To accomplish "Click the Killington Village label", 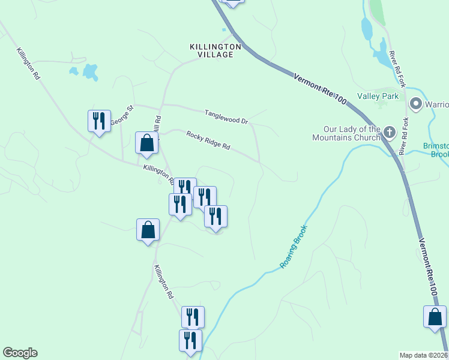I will point(215,50).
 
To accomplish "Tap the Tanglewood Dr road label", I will point(226,116).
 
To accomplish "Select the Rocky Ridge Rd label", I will point(208,140).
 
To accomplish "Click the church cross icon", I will point(390,132).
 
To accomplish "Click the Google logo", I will point(20,353).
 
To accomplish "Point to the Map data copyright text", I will point(423,355).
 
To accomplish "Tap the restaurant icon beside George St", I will point(99,121).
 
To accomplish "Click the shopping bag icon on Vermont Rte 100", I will point(435,317).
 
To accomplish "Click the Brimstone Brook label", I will point(436,150).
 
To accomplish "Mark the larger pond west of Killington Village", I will point(91,72).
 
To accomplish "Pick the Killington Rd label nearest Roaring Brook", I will point(163,282).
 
